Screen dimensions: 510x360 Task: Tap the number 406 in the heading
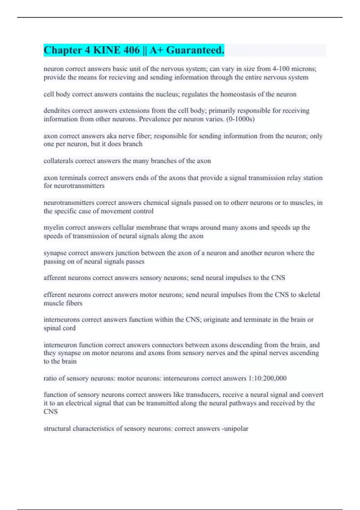pyautogui.click(x=131, y=50)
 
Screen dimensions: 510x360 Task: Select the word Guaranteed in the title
pyautogui.click(x=195, y=50)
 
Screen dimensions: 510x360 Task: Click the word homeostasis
pyautogui.click(x=238, y=94)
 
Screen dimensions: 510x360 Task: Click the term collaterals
pyautogui.click(x=58, y=161)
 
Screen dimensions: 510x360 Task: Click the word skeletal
pyautogui.click(x=309, y=295)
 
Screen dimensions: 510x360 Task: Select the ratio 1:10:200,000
pyautogui.click(x=268, y=378)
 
